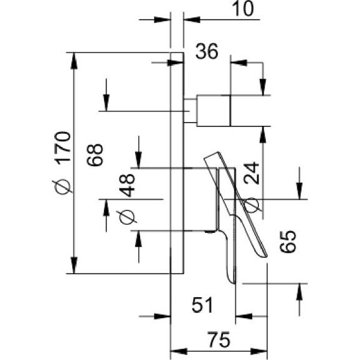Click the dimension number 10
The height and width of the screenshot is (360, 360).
[243, 9]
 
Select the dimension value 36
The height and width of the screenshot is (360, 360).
[207, 51]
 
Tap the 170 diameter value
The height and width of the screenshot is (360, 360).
[62, 148]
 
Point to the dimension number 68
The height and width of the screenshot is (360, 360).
[95, 154]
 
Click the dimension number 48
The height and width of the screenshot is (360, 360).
[127, 185]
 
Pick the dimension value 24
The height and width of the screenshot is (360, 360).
[251, 173]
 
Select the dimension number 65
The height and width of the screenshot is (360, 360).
[288, 242]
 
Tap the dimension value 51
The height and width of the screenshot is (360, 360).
[202, 305]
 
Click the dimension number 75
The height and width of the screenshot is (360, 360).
[219, 339]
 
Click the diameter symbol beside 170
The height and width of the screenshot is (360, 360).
[62, 186]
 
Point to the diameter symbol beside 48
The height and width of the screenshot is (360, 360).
[126, 217]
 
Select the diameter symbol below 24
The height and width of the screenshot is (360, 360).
[251, 204]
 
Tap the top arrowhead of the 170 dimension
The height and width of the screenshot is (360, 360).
[73, 61]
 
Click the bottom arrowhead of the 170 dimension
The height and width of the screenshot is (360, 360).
[73, 265]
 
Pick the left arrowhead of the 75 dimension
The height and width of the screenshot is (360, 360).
[178, 351]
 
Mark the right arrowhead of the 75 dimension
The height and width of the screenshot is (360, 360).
[258, 351]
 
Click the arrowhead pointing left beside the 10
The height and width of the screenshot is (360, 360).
[192, 20]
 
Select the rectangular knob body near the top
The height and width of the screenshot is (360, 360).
[214, 110]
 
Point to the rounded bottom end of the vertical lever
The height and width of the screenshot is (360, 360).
[232, 280]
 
